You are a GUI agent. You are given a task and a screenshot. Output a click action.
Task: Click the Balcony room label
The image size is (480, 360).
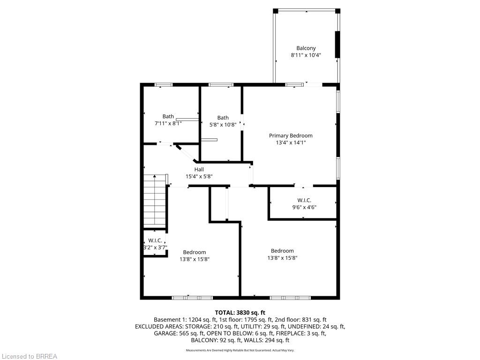pyautogui.click(x=306, y=48)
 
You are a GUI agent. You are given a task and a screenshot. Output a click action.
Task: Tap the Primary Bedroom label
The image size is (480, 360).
pyautogui.click(x=291, y=135)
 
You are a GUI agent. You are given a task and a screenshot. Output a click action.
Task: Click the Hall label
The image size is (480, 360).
pyautogui.click(x=199, y=170)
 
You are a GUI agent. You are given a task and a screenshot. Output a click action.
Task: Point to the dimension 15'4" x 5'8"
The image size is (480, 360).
pyautogui.click(x=199, y=177)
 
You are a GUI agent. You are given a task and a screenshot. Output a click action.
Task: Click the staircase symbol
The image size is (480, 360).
pyautogui.click(x=155, y=200)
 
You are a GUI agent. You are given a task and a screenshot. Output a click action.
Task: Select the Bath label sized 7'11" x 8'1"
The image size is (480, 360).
pyautogui.click(x=168, y=116)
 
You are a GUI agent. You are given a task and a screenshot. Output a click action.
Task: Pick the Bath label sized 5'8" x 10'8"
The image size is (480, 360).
pyautogui.click(x=223, y=118)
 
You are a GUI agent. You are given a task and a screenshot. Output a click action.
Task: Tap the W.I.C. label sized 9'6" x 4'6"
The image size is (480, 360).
pyautogui.click(x=304, y=200)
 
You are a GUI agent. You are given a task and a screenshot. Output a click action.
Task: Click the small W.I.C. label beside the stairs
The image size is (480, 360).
pyautogui.click(x=155, y=240)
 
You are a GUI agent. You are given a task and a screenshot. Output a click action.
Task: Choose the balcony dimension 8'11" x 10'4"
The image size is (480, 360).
pyautogui.click(x=306, y=55)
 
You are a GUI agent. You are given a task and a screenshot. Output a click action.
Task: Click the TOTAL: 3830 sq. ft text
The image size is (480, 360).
pyautogui.click(x=240, y=313)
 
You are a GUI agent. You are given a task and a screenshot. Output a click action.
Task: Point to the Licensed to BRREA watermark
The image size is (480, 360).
pyautogui.click(x=29, y=356)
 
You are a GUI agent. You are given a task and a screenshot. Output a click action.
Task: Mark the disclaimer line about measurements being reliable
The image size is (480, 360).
pyautogui.click(x=240, y=350)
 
